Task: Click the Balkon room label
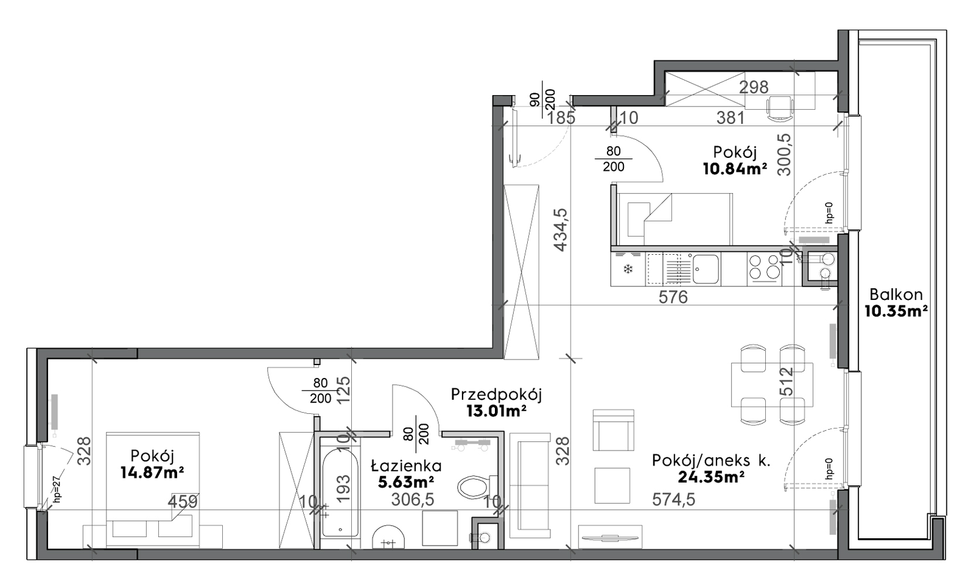coord(895,295)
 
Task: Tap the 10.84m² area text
coord(735,169)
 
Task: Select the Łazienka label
coord(406,466)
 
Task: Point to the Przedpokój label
coord(496,395)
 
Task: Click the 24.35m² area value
coord(711,477)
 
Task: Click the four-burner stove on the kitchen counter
coord(764,267)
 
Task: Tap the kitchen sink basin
coord(706,269)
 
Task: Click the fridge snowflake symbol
coord(628,269)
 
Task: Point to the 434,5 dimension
coord(561,229)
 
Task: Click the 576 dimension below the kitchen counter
coord(673,297)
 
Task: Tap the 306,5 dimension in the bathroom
coord(413,499)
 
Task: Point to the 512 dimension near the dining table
coord(787,382)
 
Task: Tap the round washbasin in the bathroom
coord(389,537)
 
